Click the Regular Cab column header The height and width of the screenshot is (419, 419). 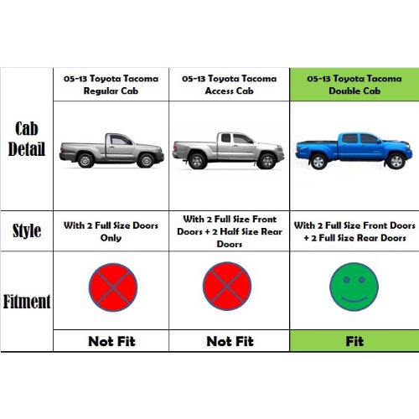tap(111, 84)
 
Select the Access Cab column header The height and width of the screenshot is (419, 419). tap(229, 84)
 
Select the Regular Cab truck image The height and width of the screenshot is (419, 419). tap(111, 147)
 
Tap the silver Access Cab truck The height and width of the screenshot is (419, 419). tap(228, 147)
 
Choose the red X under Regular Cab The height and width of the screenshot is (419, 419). tap(112, 287)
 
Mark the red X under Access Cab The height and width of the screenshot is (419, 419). tap(227, 287)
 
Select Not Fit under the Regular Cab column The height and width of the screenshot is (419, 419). tap(111, 341)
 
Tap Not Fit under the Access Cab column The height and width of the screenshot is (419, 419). tap(229, 341)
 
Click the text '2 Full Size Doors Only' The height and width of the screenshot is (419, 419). tap(111, 231)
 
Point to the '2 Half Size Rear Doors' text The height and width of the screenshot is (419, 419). tap(229, 237)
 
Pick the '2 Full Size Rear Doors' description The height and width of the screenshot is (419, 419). tap(354, 237)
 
